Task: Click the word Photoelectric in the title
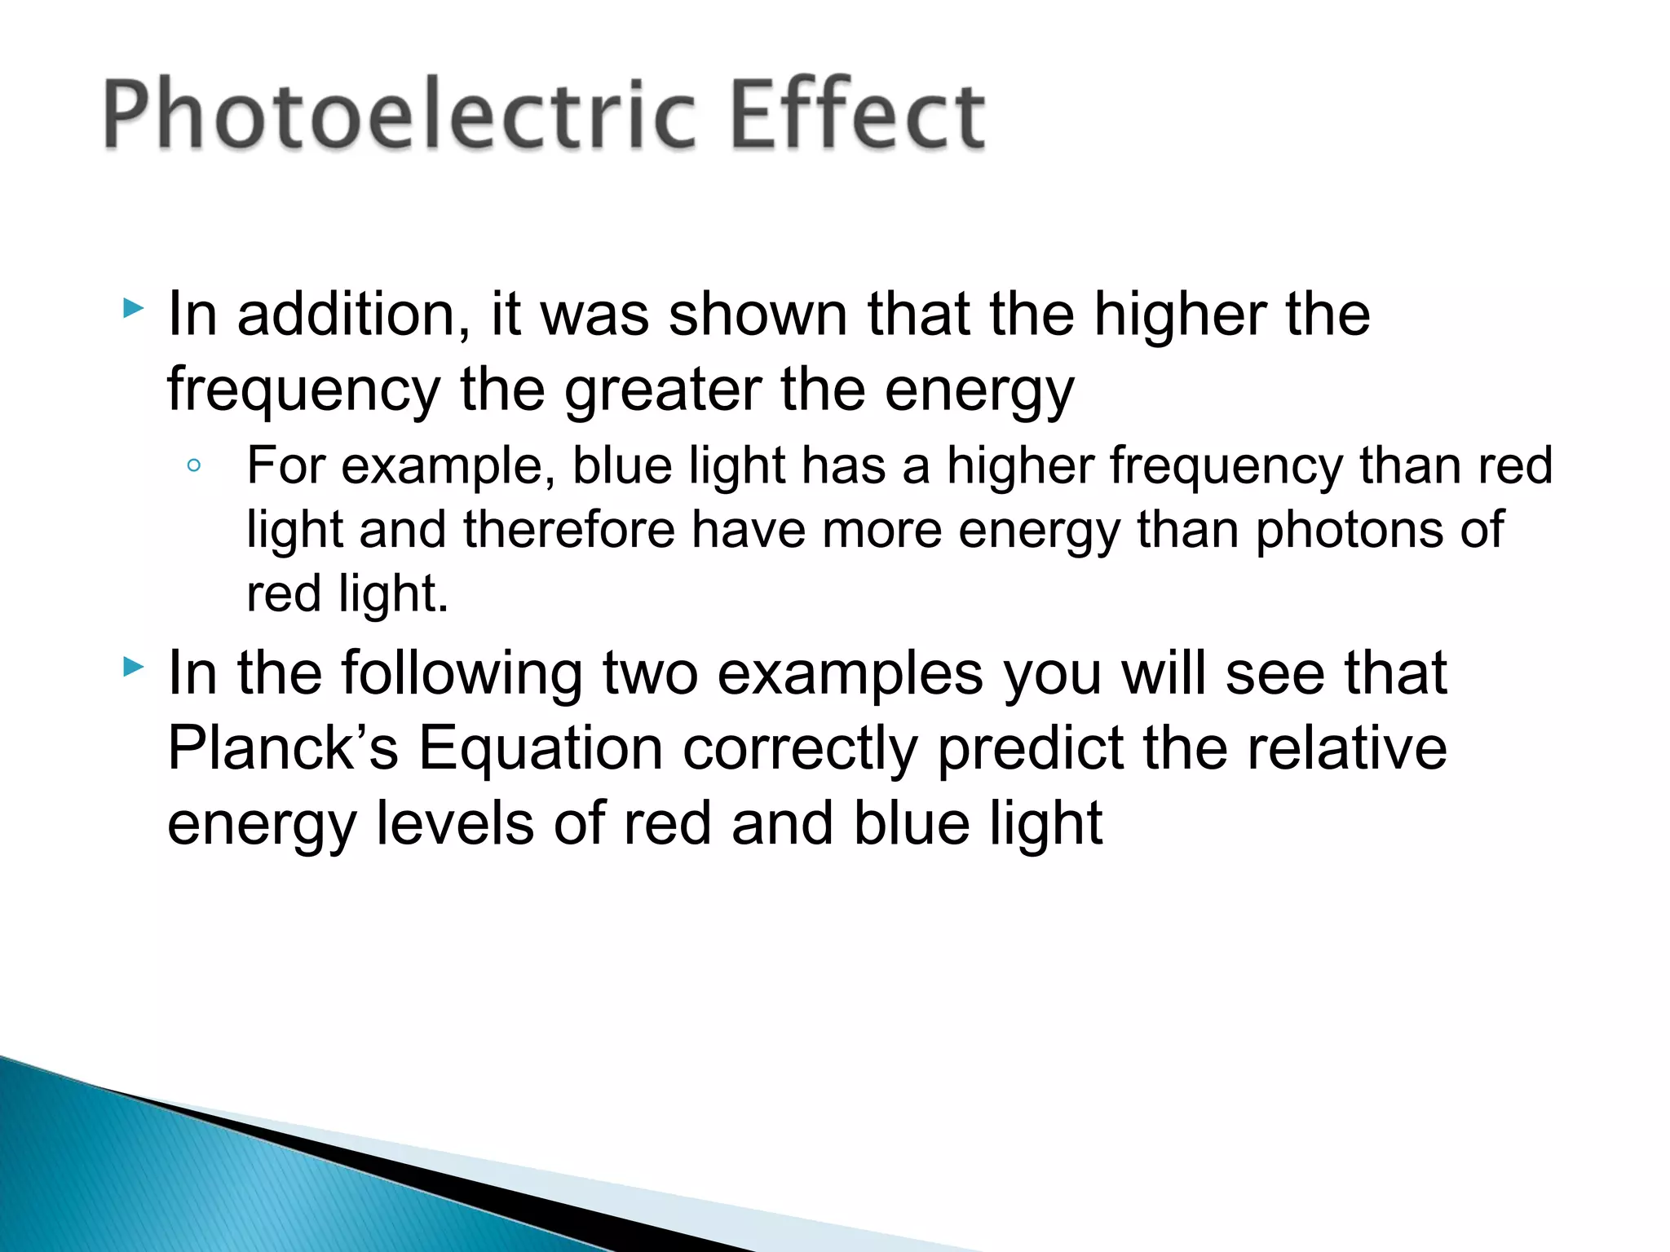400,114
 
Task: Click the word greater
664,390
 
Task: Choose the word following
461,675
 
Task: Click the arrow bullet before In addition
133,309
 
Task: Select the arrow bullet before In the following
133,668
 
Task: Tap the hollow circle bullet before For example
194,466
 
